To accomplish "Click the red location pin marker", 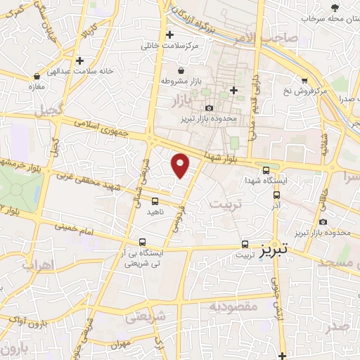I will [181, 166].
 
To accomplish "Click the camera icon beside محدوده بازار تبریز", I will [209, 108].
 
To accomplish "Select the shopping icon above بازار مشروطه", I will [183, 71].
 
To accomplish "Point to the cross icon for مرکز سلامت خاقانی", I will [169, 34].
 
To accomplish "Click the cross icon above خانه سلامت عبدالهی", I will [80, 61].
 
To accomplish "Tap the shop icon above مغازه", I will [37, 75].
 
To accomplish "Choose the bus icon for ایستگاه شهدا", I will [265, 169].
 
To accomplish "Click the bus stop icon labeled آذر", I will [276, 195].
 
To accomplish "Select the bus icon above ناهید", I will [155, 202].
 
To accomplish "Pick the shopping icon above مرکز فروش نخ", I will [304, 80].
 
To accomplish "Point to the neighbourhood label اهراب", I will [39, 265].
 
